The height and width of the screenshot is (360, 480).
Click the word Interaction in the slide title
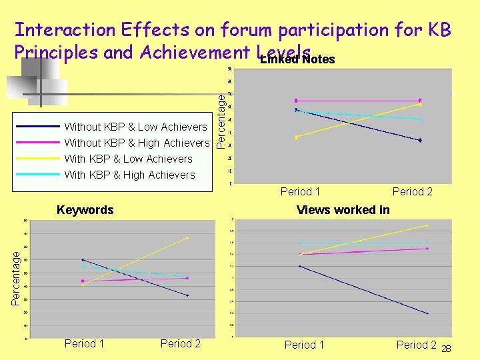(x=65, y=29)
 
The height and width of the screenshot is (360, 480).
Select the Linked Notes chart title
(x=297, y=60)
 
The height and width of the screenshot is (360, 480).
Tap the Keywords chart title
(x=85, y=210)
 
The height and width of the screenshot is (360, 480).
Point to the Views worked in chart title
(x=343, y=210)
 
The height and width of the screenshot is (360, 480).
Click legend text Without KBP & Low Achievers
(x=135, y=127)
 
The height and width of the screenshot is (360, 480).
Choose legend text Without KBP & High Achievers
(x=137, y=143)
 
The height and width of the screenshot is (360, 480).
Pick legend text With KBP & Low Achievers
(x=128, y=159)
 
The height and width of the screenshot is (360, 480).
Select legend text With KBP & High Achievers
(x=129, y=175)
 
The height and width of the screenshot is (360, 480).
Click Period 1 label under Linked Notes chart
(x=301, y=192)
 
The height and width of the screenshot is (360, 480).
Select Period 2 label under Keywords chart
(x=181, y=344)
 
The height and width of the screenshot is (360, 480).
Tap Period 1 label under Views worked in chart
(x=305, y=345)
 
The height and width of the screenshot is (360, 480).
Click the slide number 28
(x=447, y=349)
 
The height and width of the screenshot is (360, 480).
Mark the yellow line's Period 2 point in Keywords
(x=187, y=238)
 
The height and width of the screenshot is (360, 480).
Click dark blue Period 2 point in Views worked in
(x=427, y=313)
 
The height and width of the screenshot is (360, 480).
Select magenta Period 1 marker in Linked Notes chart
(x=296, y=101)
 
